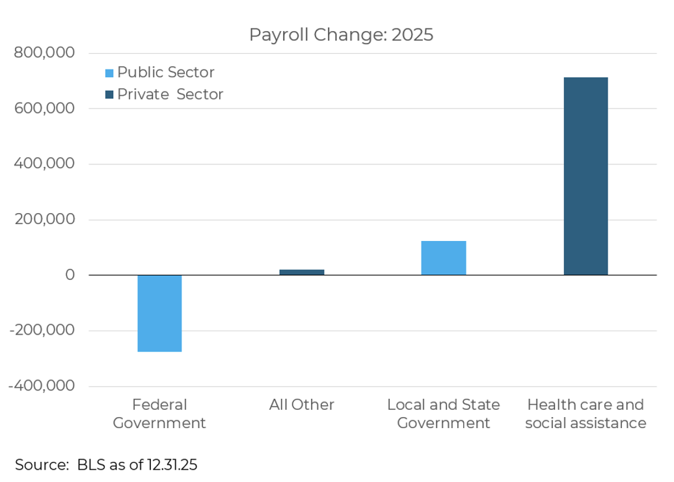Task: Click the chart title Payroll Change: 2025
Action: pyautogui.click(x=341, y=35)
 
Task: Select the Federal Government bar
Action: pyautogui.click(x=159, y=313)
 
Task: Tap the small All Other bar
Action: pyautogui.click(x=302, y=272)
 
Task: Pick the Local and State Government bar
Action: pyautogui.click(x=444, y=258)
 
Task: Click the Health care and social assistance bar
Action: pyautogui.click(x=586, y=176)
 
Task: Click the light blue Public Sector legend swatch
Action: pyautogui.click(x=109, y=73)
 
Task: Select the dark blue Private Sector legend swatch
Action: pyautogui.click(x=109, y=95)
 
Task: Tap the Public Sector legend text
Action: pyautogui.click(x=165, y=73)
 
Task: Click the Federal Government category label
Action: pyautogui.click(x=159, y=414)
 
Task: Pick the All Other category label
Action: pyautogui.click(x=302, y=405)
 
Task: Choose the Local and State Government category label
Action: pyautogui.click(x=444, y=414)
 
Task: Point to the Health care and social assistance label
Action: pyautogui.click(x=586, y=414)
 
